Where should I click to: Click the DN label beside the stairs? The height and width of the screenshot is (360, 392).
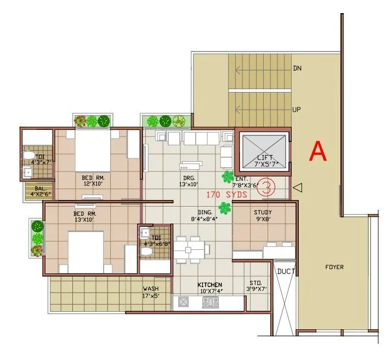(x=297, y=68)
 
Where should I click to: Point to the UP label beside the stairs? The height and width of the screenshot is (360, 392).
(x=297, y=110)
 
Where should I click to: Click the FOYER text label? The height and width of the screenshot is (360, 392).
(x=334, y=267)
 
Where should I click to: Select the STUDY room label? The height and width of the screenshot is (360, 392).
(x=263, y=213)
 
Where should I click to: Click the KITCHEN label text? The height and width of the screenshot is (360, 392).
(x=210, y=284)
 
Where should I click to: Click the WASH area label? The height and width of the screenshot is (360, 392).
(x=151, y=288)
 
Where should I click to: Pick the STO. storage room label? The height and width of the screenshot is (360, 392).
(x=256, y=283)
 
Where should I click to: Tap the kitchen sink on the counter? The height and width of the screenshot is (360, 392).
(x=183, y=302)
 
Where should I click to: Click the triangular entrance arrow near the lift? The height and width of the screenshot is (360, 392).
(x=297, y=188)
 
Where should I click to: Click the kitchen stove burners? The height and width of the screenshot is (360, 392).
(x=209, y=302)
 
